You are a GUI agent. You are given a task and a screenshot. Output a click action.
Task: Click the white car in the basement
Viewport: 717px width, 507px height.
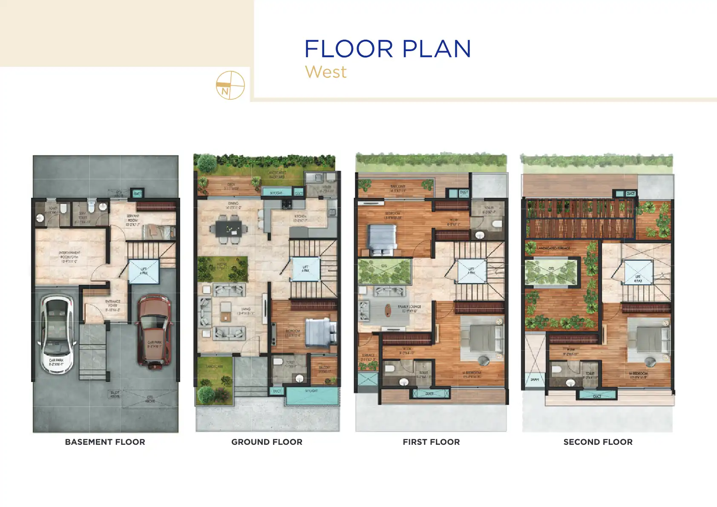(56, 334)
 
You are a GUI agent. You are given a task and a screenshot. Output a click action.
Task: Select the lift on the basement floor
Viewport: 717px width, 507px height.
(144, 271)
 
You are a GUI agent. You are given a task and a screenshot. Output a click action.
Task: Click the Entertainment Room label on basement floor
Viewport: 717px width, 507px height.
(69, 257)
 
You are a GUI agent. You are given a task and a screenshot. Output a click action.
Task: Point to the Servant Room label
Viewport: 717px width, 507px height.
(132, 220)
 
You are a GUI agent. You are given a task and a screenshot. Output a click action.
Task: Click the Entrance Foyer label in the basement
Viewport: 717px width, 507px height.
(113, 305)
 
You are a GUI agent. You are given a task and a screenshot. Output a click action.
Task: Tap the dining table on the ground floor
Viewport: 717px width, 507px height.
(228, 229)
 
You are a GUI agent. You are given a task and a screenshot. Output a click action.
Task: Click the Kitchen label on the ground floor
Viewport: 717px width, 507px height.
(300, 219)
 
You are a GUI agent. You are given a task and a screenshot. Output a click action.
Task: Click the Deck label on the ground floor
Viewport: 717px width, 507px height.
(231, 186)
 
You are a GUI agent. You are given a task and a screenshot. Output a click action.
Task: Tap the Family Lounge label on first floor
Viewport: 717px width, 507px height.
(409, 308)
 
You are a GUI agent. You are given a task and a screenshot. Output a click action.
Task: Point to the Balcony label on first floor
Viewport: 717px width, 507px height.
(398, 188)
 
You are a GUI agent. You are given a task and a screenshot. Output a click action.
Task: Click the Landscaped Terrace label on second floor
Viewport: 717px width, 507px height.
(553, 248)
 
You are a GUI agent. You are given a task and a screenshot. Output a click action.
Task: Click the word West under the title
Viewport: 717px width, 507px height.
(325, 72)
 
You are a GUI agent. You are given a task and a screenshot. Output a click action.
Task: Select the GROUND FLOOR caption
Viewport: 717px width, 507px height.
(267, 442)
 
